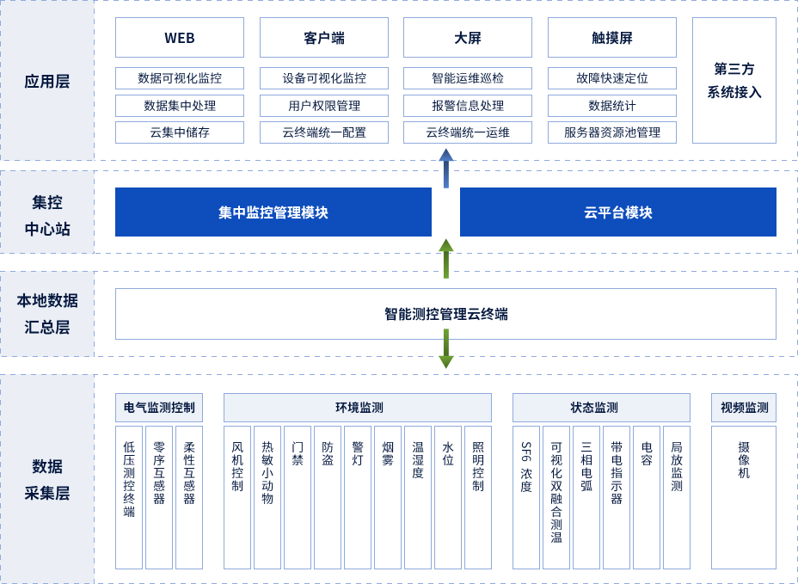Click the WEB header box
click(180, 38)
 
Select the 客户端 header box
click(324, 38)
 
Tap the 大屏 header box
click(468, 38)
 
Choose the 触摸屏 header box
click(612, 38)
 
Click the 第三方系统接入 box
click(734, 80)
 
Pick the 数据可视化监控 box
click(180, 78)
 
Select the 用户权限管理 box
click(324, 106)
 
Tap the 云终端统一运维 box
click(468, 132)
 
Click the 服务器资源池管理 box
click(612, 132)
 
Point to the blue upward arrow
click(446, 168)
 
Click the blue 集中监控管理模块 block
click(273, 212)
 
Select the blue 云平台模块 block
click(618, 212)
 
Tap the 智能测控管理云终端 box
click(445, 314)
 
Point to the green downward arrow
click(446, 349)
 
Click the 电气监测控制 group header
click(159, 408)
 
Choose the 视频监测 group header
click(744, 408)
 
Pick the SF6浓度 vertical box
click(526, 497)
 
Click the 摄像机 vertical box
click(744, 497)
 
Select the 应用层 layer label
click(47, 82)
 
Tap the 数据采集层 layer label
click(47, 479)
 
